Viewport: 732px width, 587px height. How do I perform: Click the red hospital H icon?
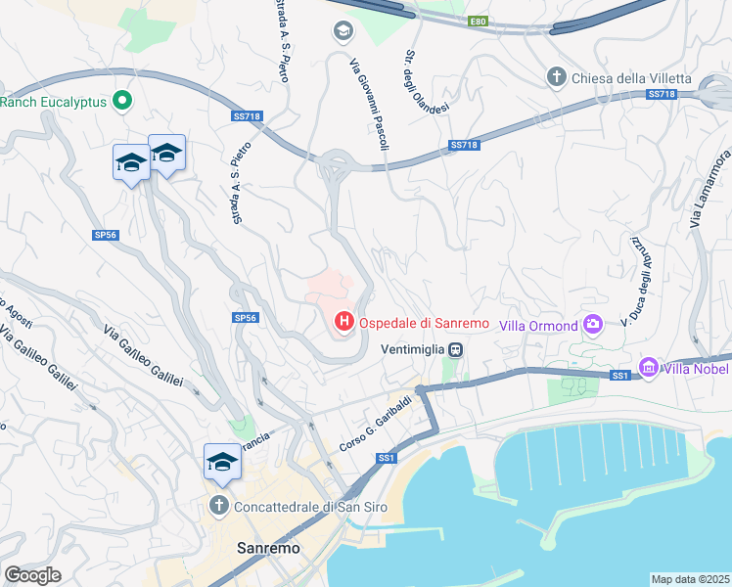click(343, 321)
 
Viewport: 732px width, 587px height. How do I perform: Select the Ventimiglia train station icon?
click(456, 349)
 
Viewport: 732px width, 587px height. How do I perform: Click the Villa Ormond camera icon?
click(592, 325)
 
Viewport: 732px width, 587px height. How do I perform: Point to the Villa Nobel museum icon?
click(647, 368)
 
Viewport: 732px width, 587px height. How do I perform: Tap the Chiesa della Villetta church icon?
click(556, 77)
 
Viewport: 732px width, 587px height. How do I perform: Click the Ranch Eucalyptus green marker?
click(122, 100)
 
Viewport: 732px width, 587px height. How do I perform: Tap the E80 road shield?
click(478, 21)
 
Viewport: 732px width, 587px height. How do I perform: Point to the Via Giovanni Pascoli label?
click(369, 104)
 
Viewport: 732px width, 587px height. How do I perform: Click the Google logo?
click(32, 574)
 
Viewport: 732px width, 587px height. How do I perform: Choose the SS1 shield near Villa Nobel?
click(618, 376)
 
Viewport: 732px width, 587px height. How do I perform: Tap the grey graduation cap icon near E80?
click(343, 31)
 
